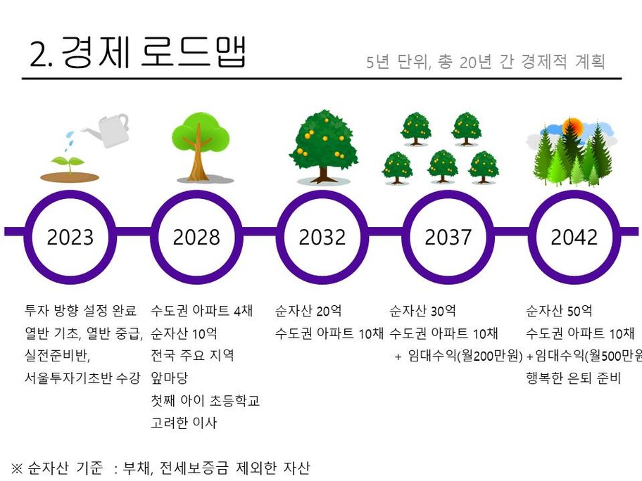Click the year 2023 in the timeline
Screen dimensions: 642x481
(x=70, y=237)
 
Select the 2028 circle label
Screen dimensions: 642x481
(x=196, y=237)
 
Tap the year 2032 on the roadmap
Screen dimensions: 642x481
(x=322, y=237)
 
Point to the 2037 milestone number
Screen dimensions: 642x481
(x=448, y=237)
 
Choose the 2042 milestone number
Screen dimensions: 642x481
(x=574, y=237)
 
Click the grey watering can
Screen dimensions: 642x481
(x=107, y=130)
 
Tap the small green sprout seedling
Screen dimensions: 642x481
(x=69, y=164)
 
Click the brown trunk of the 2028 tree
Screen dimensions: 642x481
(x=199, y=158)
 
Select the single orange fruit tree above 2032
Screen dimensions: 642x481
(x=323, y=146)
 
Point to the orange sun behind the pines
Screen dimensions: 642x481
(x=572, y=127)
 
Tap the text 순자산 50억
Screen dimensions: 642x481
(x=559, y=311)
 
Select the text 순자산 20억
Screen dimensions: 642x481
(x=308, y=311)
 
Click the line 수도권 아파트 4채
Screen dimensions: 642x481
(x=202, y=311)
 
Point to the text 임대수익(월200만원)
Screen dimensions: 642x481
(x=465, y=356)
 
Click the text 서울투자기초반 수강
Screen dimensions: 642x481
(x=82, y=378)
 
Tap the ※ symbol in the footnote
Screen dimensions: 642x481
(x=17, y=468)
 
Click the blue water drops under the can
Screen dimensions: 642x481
(x=70, y=139)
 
